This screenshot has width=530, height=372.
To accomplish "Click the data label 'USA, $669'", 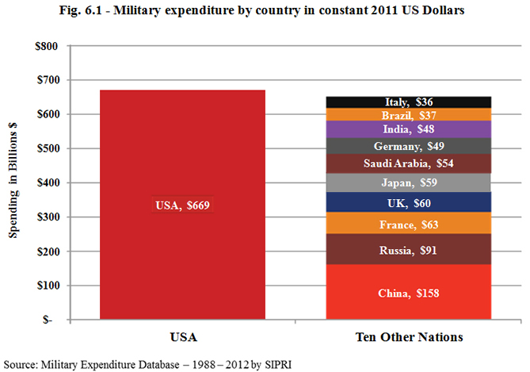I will point(181,205).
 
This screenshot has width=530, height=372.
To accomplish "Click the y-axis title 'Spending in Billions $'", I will point(13,182).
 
